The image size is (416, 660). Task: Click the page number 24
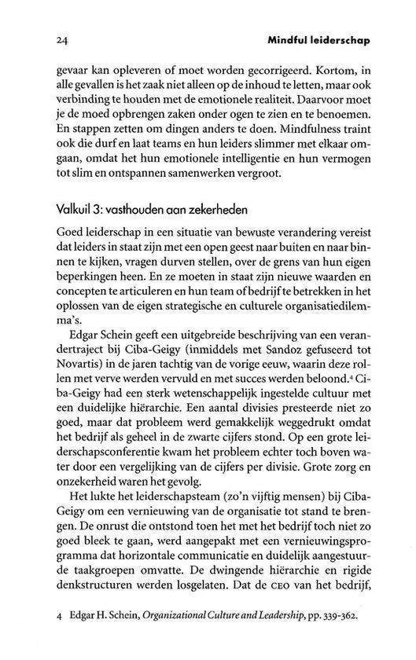pyautogui.click(x=63, y=38)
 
